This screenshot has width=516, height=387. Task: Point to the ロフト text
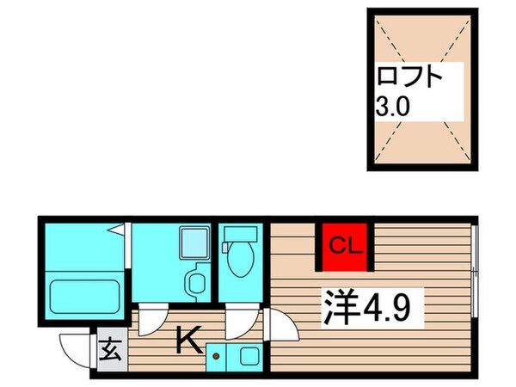point(409,78)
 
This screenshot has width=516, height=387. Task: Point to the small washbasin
point(197,279)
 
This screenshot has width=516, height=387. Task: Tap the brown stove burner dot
point(217,353)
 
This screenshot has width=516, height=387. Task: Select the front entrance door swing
point(76,348)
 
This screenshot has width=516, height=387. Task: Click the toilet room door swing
point(236,326)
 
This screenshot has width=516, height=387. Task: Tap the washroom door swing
point(152,322)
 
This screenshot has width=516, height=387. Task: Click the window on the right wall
point(474,276)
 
